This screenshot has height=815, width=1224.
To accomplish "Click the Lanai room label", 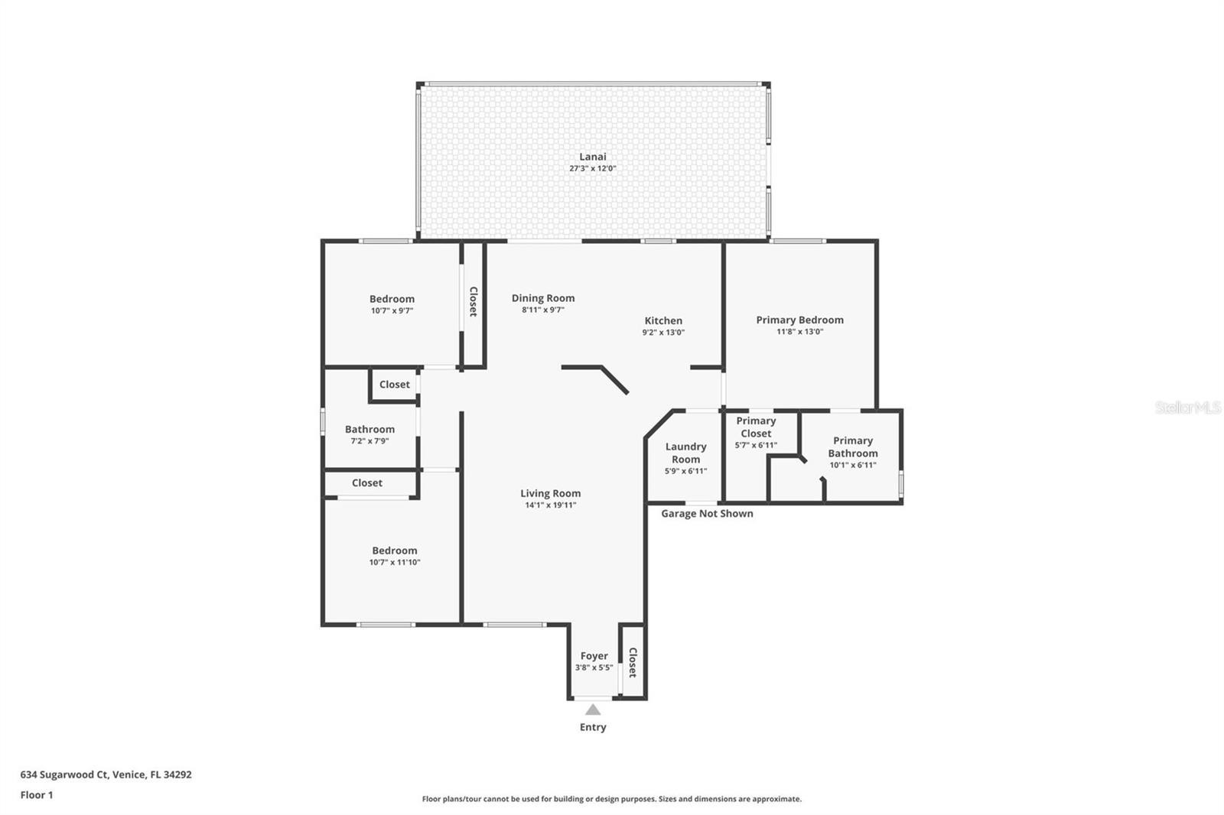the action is coord(592,157).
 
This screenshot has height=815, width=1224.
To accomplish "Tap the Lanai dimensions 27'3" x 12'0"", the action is coord(592,168).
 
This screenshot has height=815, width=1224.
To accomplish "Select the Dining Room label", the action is coord(543,298).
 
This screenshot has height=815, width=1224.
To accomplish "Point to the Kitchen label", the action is coord(663,320).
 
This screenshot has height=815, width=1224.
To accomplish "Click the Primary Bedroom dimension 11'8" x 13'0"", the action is coord(800,332).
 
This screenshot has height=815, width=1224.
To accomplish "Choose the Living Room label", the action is coord(550,493).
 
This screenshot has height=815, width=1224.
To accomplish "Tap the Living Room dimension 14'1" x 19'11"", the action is coord(550,505).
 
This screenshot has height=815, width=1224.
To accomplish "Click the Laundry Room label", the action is coord(685,453).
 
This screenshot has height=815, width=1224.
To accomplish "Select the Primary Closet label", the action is coord(757,427).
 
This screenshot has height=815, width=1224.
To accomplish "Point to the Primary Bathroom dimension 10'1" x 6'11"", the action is coord(853,466).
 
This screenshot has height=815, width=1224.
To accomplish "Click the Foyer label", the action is coord(594,656).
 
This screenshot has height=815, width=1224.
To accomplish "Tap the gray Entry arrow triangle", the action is coord(593,709).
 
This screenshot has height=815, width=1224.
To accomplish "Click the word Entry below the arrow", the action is coord(593,727).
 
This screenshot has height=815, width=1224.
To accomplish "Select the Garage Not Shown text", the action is coord(707,514).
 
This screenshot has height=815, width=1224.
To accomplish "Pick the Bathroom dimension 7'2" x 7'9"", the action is coord(370,441).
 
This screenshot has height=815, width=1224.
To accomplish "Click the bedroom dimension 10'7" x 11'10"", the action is coord(395,563).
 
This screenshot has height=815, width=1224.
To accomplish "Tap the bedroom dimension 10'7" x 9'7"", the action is coord(392,311).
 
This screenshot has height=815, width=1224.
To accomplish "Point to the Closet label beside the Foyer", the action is coord(633,663).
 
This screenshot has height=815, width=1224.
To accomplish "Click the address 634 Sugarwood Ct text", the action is coord(64,774).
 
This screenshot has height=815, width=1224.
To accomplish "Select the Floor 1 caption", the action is coord(37,795).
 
